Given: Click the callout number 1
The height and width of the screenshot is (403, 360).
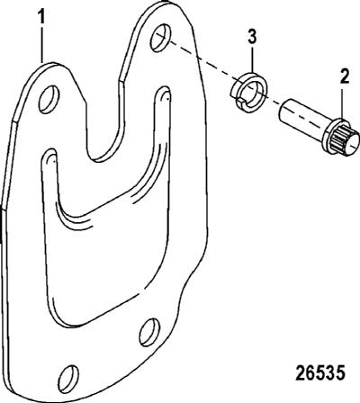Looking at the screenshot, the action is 42,17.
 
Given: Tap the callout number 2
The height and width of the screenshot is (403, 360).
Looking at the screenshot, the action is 345,76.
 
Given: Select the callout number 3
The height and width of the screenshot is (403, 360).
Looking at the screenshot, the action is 253,38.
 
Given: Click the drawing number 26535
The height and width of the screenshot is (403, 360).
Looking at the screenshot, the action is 319,373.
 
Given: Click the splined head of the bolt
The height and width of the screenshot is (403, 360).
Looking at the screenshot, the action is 340,139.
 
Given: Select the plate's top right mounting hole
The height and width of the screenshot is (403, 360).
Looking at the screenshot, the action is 160,38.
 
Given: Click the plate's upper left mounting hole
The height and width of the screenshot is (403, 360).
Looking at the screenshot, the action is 49,100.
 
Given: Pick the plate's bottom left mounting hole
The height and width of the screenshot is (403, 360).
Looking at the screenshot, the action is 69,379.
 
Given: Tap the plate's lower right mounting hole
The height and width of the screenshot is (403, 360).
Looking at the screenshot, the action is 149,332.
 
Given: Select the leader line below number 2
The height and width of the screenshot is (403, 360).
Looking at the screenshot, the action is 345,103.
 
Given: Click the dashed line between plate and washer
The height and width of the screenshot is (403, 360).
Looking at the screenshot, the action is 201,59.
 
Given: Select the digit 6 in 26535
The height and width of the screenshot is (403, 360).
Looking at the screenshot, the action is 310,373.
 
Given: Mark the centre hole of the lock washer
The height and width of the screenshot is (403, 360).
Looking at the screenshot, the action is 251,94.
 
